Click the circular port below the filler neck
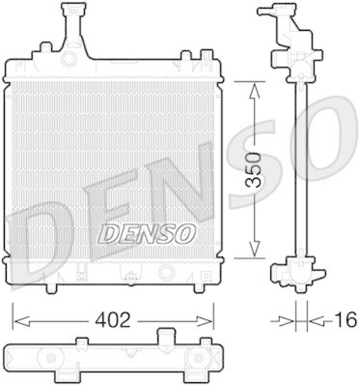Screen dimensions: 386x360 [70, 59]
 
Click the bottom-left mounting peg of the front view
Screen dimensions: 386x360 [52, 288]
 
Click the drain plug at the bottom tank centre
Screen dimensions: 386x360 [130, 276]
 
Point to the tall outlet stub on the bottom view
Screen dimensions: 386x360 [166, 336]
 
